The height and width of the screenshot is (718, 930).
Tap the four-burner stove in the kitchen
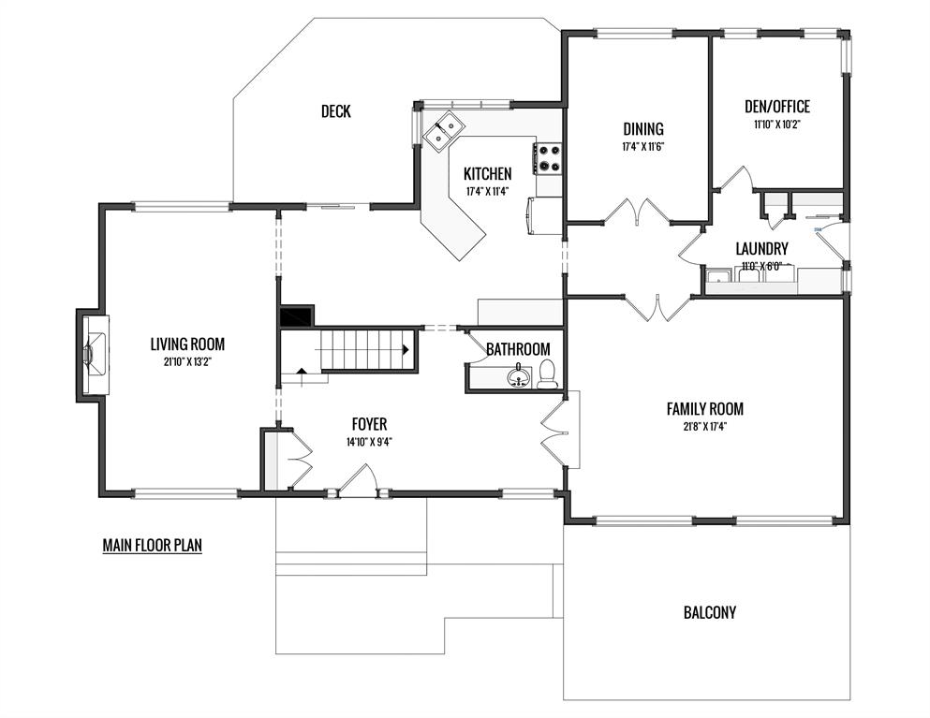548,159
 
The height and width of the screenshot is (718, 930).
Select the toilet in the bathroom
548,374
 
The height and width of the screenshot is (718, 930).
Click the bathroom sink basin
518,376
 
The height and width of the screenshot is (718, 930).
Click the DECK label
335,110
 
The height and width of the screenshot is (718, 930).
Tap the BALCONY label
709,612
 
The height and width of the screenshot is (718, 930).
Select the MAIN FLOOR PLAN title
153,545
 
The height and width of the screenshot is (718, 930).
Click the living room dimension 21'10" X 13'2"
187,362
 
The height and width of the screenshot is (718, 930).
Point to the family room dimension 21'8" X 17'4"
704,426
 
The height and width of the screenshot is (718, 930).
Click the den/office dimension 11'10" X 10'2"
777,125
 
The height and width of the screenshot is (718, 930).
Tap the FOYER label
369,424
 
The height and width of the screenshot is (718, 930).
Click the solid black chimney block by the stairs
297,316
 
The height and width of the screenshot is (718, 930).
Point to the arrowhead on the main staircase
406,350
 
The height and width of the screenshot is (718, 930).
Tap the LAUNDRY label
761,248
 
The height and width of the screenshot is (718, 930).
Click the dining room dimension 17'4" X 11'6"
642,146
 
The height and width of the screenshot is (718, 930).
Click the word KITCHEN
488,174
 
